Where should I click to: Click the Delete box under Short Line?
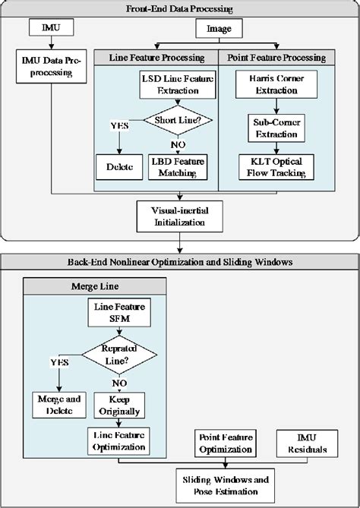coord(118,166)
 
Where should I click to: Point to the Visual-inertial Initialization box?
coord(179,216)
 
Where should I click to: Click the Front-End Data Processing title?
coord(180,8)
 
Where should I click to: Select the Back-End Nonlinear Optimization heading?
coord(180,262)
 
